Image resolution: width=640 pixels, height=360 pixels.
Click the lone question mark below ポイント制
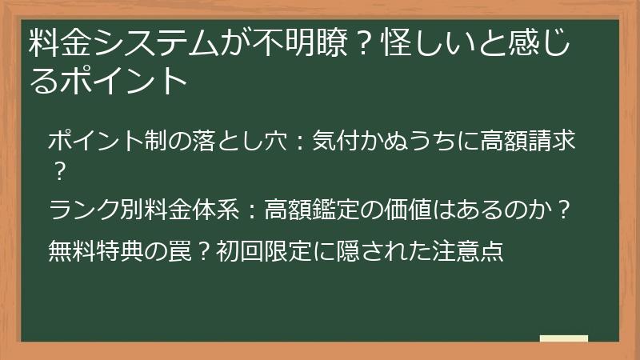click(x=58, y=169)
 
